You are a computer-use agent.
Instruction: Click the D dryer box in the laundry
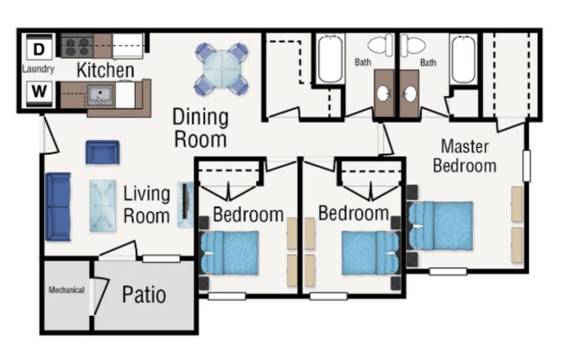point(37,47)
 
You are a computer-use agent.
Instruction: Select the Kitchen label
point(105,70)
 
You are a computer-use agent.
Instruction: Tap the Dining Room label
point(201,127)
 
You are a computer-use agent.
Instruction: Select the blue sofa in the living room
point(58,205)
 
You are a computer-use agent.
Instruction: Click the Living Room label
point(146,204)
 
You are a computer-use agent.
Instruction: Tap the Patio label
point(144,295)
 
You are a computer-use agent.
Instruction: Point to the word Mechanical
point(67,290)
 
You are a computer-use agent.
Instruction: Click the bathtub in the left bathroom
point(329,59)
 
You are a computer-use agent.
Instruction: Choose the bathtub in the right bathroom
point(463,59)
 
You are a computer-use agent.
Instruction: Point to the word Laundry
point(38,69)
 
